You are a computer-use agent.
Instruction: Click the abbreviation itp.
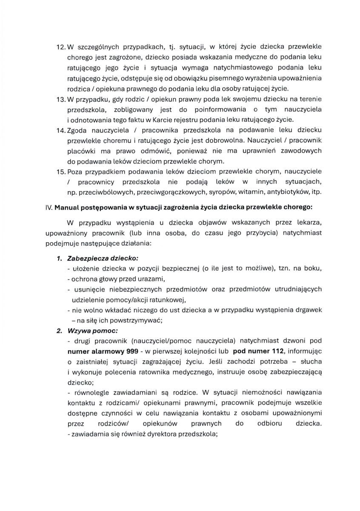tap(316, 192)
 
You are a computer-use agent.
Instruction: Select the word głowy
tap(107, 279)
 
